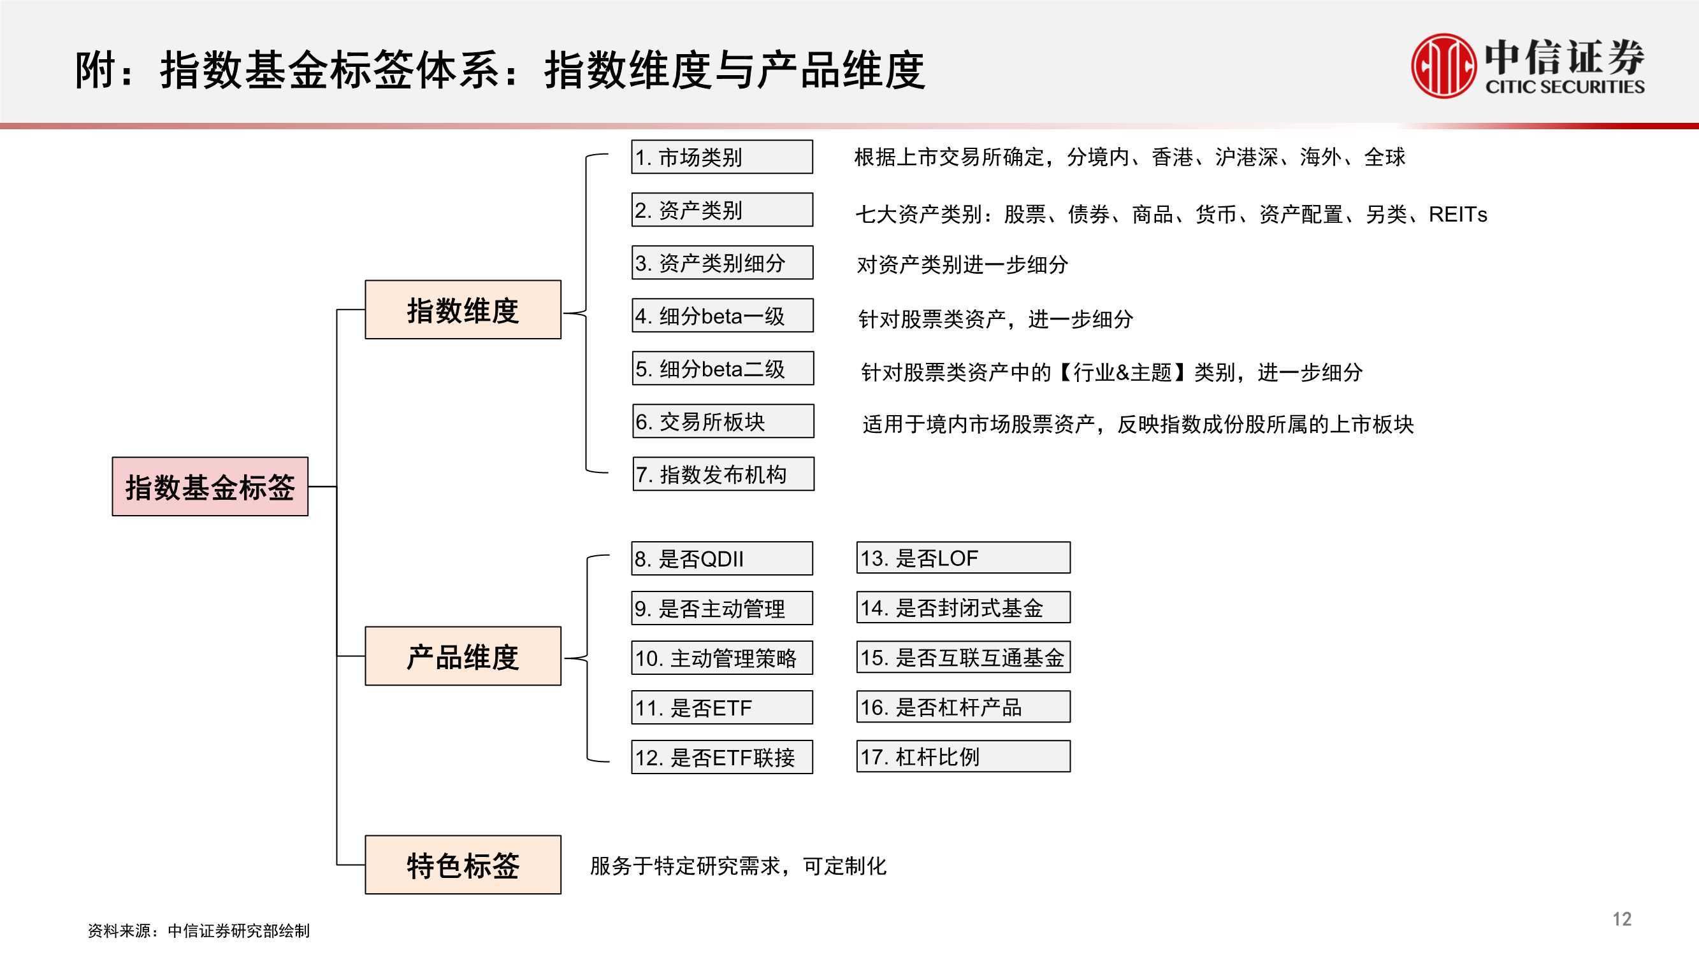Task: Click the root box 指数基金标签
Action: coord(210,486)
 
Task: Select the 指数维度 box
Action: coord(463,310)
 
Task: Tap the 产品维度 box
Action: coord(463,656)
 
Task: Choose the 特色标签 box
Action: coord(463,865)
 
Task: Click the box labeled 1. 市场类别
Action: coord(722,157)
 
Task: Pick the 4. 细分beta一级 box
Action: coord(723,316)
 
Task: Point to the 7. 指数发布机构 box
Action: coord(723,474)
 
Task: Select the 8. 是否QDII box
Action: coord(722,558)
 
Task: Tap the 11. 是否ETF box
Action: coord(722,707)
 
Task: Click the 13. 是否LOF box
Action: coord(964,558)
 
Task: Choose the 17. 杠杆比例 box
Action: coord(964,756)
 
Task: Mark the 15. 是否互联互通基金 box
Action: coord(964,656)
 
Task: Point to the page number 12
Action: coord(1622,919)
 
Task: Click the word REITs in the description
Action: coord(1457,214)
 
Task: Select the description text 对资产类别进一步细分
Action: coord(962,264)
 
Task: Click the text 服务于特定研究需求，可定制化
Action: coord(738,865)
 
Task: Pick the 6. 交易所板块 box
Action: coord(723,421)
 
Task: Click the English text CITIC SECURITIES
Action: coord(1565,87)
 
